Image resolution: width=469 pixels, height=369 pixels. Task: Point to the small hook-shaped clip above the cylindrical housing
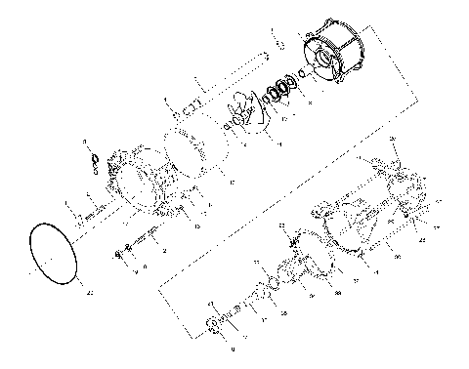[x=277, y=43]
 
